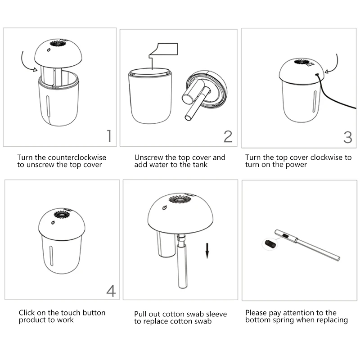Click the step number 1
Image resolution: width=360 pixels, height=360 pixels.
click(x=109, y=136)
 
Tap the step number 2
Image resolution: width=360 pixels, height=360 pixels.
click(x=228, y=136)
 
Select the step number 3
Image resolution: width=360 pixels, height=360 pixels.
click(x=348, y=137)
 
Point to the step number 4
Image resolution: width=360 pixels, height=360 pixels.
click(x=111, y=291)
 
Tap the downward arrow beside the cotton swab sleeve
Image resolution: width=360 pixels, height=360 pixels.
click(x=207, y=251)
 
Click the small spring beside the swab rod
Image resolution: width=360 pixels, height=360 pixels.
click(x=270, y=243)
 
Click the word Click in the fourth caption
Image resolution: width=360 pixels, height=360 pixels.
click(x=27, y=312)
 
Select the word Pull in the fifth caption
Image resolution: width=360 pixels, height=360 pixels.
click(x=140, y=314)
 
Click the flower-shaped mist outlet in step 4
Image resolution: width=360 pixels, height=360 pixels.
click(x=62, y=215)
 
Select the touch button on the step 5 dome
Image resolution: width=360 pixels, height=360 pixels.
click(x=164, y=208)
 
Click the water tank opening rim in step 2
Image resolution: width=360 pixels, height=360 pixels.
click(x=150, y=72)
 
